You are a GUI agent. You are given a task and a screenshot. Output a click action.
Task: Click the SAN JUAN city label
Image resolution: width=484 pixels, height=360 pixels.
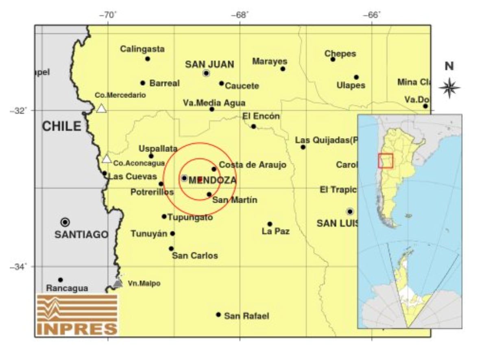[x=209, y=64]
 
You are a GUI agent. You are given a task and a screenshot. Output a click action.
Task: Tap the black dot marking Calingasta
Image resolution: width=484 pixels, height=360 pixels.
[x=148, y=59]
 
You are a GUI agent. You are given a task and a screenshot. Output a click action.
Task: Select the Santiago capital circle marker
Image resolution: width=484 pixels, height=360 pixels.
[x=65, y=222]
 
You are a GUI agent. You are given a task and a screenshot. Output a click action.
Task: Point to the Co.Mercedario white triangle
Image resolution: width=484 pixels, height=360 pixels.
[x=101, y=108]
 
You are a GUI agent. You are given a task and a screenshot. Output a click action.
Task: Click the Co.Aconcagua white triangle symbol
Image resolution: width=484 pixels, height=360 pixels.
[x=107, y=159]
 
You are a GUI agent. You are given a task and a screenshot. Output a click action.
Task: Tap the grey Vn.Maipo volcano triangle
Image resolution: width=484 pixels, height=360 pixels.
[x=118, y=283]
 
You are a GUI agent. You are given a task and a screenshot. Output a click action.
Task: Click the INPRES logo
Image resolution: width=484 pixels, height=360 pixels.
[x=77, y=315]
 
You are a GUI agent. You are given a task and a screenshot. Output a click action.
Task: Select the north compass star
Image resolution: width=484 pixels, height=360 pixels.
[x=449, y=87]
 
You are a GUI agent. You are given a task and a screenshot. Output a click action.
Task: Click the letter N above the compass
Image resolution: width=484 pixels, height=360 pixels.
[x=449, y=66]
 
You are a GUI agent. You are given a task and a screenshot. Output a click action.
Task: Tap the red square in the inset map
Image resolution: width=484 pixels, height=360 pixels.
[x=385, y=160]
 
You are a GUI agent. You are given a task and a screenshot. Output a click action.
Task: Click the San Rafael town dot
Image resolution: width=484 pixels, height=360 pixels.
[x=218, y=314]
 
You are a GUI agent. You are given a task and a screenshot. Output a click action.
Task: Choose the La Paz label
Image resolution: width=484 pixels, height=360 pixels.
[x=276, y=232]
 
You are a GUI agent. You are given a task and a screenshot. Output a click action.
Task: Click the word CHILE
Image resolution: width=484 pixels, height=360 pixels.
[x=62, y=126]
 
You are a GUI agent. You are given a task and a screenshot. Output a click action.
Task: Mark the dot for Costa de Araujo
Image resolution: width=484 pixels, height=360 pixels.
[x=214, y=169]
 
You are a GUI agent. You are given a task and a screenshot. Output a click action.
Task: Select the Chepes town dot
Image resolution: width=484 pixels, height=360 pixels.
[x=333, y=59]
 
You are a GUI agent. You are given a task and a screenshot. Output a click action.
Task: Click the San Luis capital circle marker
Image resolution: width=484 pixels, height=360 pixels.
[x=350, y=211]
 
